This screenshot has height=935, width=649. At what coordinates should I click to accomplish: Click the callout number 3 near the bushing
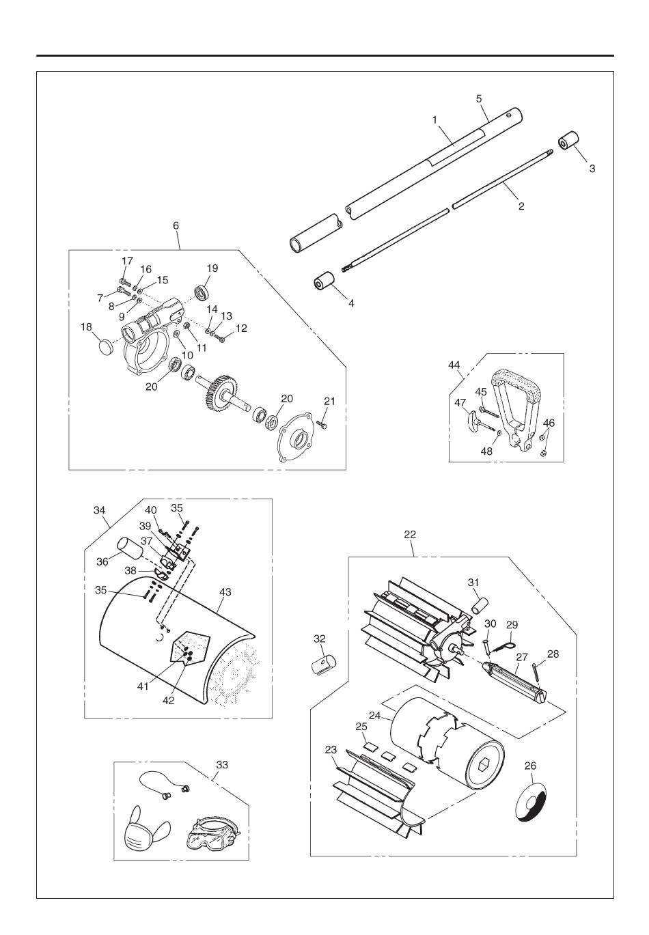[592, 169]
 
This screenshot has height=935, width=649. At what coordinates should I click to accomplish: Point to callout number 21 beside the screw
[329, 401]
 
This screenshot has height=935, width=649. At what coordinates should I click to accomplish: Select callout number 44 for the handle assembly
[454, 365]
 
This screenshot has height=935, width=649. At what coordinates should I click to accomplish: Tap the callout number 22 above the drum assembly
[410, 534]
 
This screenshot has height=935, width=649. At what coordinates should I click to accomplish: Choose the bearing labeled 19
[204, 292]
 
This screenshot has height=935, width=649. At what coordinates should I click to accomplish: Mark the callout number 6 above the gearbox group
[176, 226]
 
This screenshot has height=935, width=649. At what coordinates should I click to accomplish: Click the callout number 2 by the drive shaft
[521, 206]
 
